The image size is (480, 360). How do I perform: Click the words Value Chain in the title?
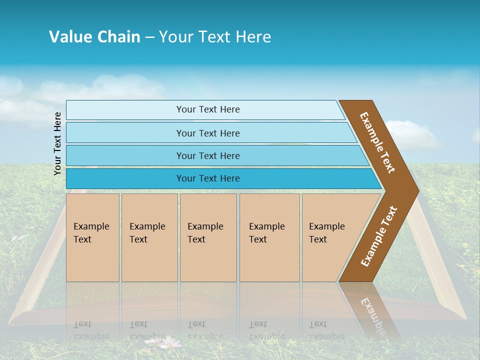94,37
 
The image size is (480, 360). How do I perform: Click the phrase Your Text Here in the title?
215,37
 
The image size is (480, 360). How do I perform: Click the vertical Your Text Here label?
58,143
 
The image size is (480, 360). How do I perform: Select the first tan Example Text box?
92,237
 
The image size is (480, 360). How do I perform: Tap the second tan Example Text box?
149,237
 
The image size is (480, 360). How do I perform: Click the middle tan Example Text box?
208,237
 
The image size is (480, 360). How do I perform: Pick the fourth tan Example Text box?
269,237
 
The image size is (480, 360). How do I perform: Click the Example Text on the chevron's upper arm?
377,142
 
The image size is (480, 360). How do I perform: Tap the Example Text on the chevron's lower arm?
379,236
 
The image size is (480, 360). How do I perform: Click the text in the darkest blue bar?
208,178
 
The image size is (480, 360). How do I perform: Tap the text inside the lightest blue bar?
208,109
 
